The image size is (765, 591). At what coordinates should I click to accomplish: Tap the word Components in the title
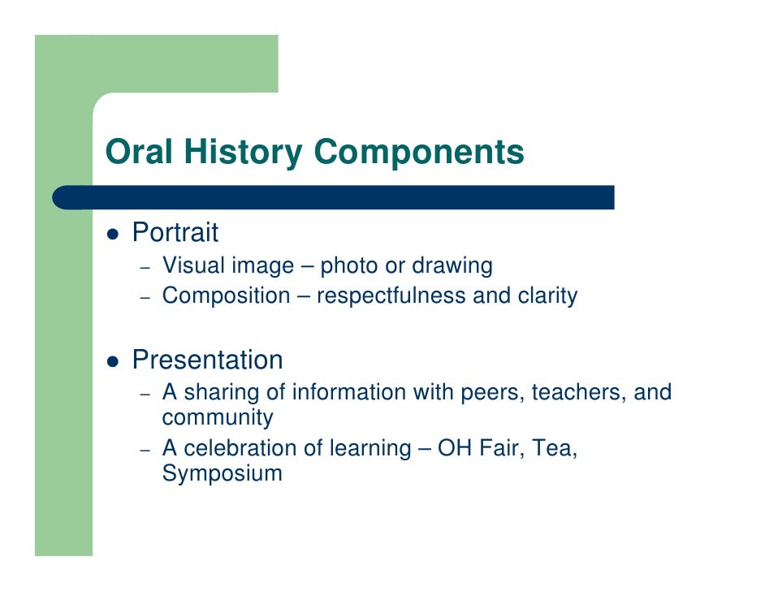[x=419, y=153]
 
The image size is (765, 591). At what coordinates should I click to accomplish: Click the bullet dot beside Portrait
[x=114, y=235]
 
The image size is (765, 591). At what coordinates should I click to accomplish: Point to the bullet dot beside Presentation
[x=114, y=361]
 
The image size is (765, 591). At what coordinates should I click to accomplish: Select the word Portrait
[x=175, y=233]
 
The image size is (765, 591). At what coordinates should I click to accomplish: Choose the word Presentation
[x=207, y=360]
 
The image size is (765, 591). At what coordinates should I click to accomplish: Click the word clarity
[x=547, y=296]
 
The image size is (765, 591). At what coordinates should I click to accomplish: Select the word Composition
[x=225, y=296]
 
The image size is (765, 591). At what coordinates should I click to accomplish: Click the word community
[x=218, y=418]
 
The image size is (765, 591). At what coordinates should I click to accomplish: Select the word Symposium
[x=222, y=474]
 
